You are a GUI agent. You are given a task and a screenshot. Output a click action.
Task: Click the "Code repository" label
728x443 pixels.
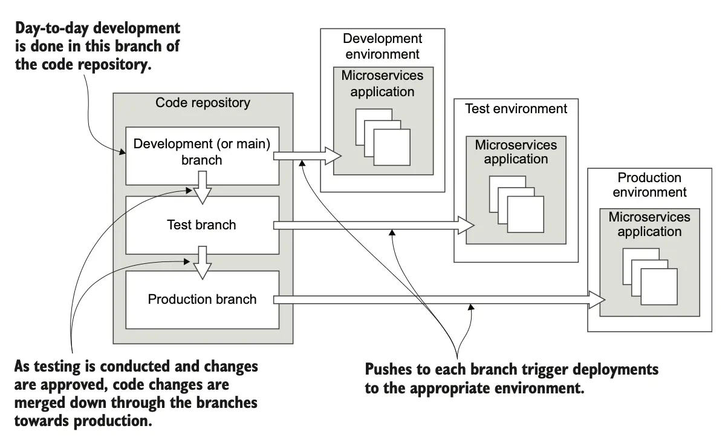203,103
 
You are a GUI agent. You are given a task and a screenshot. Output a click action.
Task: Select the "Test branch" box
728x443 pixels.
201,225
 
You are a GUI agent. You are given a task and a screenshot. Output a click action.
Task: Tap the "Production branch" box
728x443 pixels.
202,300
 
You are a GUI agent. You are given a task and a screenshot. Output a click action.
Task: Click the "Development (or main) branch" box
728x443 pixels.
202,152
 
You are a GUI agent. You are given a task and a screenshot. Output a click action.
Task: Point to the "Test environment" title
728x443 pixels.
516,109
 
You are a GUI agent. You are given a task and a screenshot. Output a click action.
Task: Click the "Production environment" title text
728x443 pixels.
649,185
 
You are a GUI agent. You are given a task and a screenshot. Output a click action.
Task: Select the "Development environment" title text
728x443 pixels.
382,46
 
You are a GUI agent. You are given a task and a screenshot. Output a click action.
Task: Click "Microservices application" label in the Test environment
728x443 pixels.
516,152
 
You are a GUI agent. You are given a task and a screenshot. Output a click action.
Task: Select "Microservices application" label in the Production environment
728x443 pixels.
649,224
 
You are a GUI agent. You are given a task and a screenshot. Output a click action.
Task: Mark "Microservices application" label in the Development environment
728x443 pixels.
382,84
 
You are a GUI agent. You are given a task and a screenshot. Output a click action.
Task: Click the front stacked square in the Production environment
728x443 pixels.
659,286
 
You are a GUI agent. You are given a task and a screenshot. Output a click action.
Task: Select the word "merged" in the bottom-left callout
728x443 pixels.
39,402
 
